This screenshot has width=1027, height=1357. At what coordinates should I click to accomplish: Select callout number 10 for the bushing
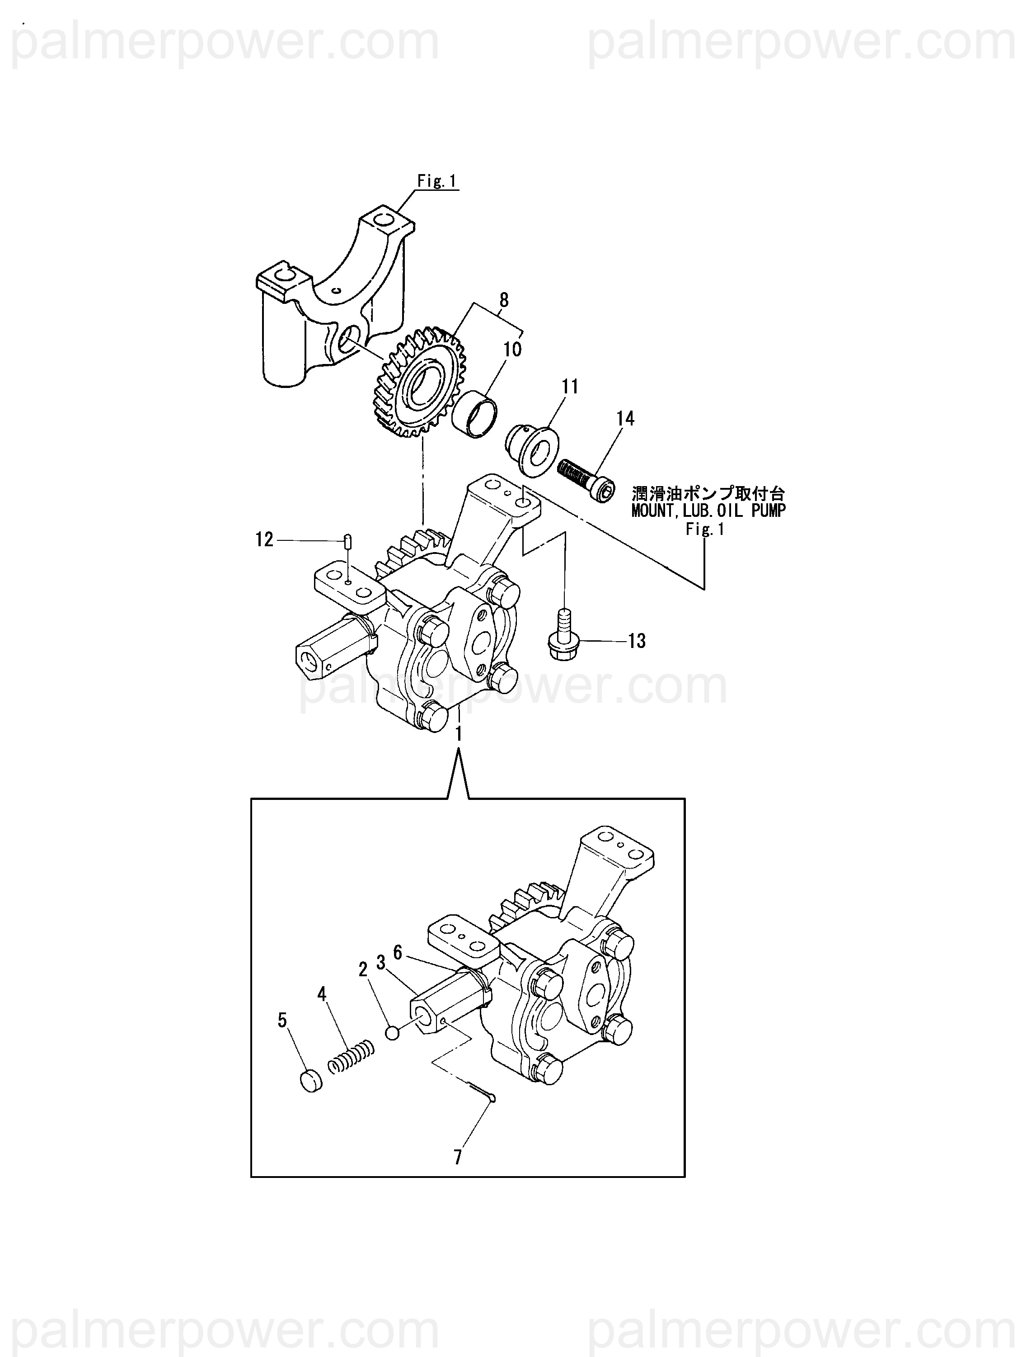(x=512, y=349)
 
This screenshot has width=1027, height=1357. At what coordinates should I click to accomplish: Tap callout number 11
(x=570, y=387)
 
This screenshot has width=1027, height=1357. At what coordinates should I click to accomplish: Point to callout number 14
(x=625, y=419)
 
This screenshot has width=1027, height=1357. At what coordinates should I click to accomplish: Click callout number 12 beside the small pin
(x=264, y=540)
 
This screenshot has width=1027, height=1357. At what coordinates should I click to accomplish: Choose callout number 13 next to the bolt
(x=637, y=641)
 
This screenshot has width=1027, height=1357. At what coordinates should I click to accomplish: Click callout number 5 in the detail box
(x=282, y=1020)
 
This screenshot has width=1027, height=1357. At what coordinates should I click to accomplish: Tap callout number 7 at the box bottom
(x=457, y=1158)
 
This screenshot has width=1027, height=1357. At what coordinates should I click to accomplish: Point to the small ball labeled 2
(x=393, y=1033)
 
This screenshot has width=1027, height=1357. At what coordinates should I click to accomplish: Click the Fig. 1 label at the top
(x=437, y=182)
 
